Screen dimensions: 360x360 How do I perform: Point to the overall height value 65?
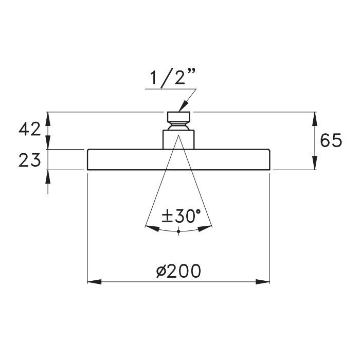pyautogui.click(x=331, y=140)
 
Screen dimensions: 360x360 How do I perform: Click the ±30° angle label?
pyautogui.click(x=179, y=217)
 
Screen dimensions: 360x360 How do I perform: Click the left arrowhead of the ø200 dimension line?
pyautogui.click(x=91, y=282)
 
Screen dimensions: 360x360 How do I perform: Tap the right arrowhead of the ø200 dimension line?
pyautogui.click(x=266, y=282)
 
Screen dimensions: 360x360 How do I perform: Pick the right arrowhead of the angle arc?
pyautogui.click(x=209, y=227)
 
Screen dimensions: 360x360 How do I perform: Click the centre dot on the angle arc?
pyautogui.click(x=178, y=232)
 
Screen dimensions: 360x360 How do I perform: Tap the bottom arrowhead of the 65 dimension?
pyautogui.click(x=314, y=166)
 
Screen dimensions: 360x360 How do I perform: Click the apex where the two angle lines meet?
pyautogui.click(x=178, y=136)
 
